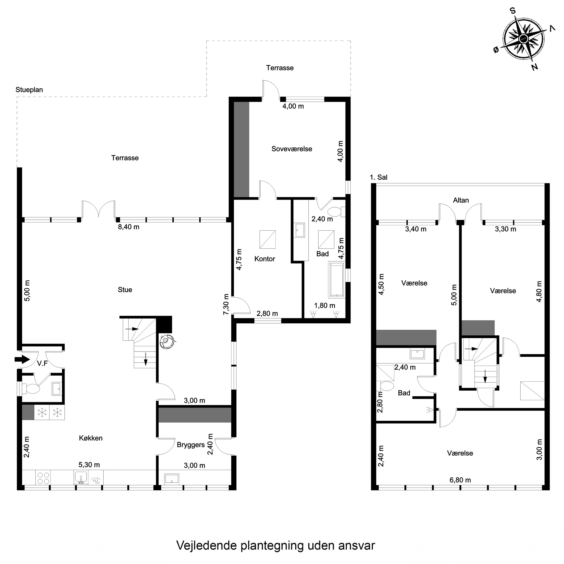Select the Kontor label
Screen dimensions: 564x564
point(265,259)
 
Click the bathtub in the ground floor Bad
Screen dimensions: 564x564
point(337,280)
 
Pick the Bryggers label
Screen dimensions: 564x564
point(191,445)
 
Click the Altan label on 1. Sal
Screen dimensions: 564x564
point(461,200)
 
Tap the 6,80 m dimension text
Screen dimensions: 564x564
point(460,480)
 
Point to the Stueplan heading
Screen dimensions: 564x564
point(29,90)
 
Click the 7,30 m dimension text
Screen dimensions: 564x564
point(226,304)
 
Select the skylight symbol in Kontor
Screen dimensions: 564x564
point(267,239)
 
